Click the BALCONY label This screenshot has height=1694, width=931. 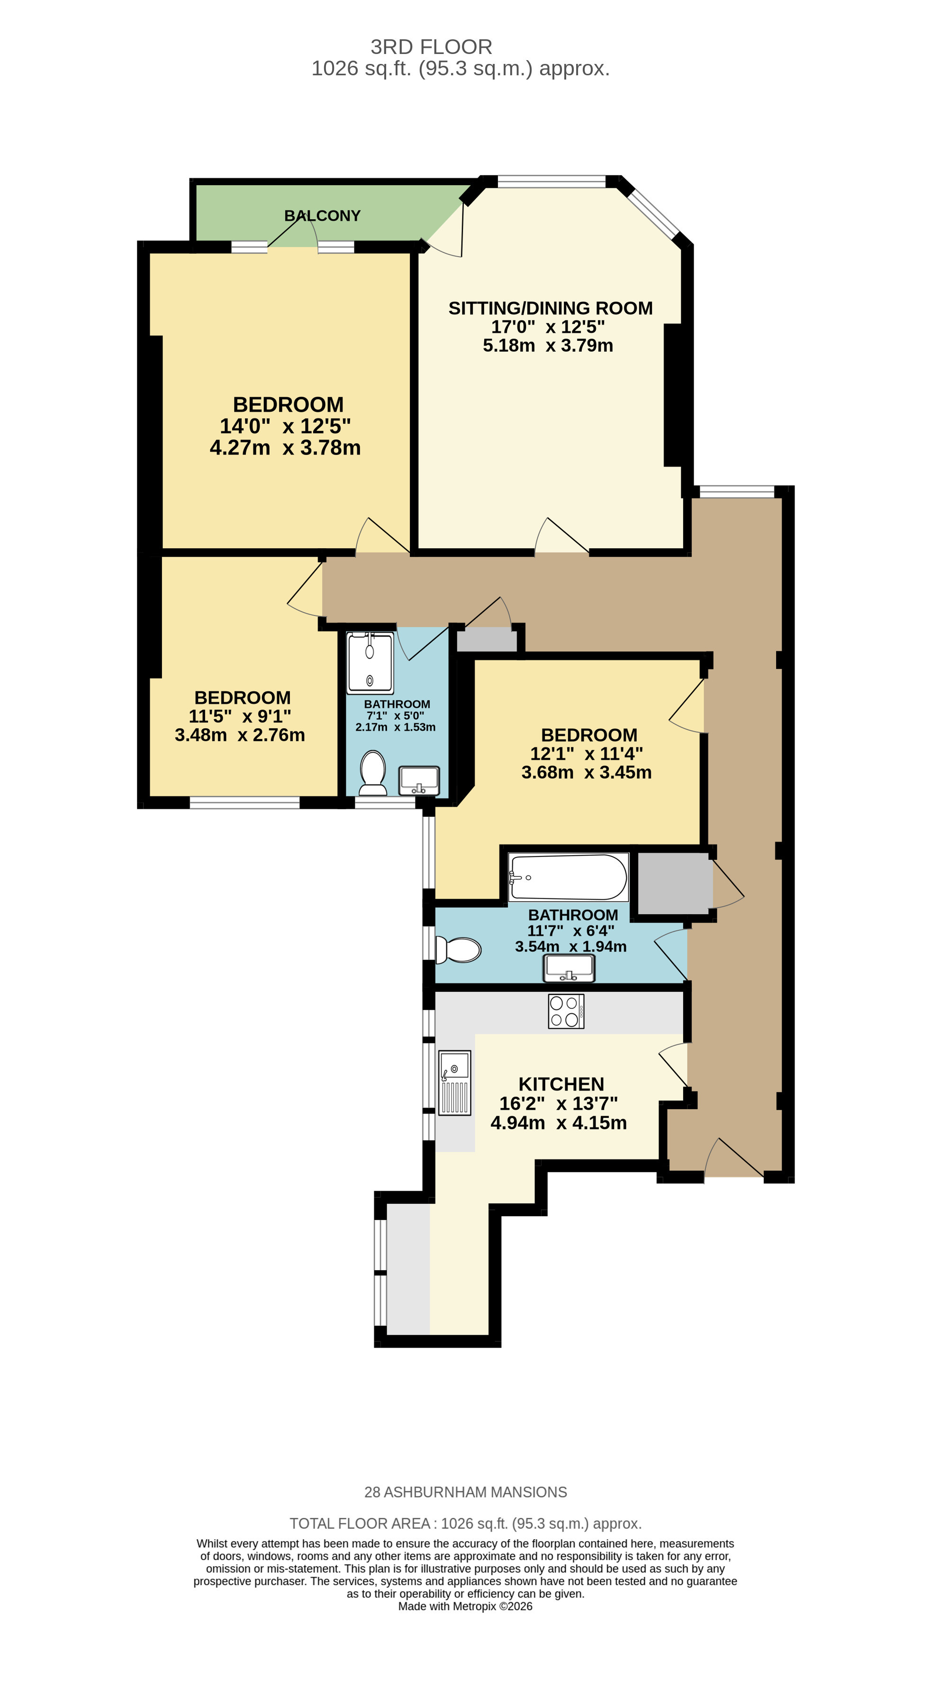tap(322, 216)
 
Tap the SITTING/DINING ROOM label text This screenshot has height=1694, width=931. tap(551, 308)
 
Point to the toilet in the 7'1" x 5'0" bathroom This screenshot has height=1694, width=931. tap(373, 773)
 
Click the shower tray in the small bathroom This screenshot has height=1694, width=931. tap(370, 663)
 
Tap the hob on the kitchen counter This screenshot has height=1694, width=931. tap(566, 1011)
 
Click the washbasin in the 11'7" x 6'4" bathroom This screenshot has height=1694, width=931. tap(569, 968)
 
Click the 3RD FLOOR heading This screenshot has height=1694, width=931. tap(432, 47)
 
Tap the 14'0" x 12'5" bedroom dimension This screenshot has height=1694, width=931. tap(285, 426)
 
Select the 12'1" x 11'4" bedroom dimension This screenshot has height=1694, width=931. tap(586, 754)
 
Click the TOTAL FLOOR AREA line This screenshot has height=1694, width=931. tap(466, 1524)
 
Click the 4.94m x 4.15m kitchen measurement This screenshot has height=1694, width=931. tap(559, 1123)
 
